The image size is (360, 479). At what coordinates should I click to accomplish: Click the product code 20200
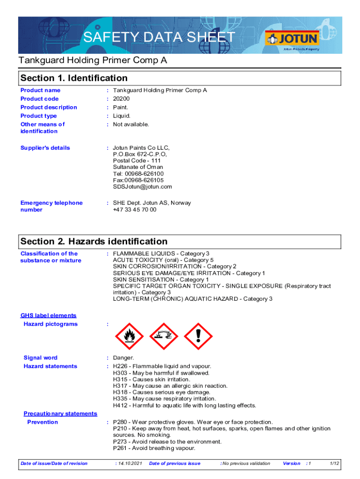coord(121,99)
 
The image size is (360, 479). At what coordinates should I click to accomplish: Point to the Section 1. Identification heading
coord(74,78)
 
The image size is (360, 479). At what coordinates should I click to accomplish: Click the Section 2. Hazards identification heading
coord(94,241)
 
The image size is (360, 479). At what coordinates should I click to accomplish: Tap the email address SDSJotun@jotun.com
coord(142,187)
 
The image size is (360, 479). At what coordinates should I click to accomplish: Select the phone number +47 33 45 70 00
coord(135,210)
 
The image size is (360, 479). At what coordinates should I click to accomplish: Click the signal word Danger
coord(123,358)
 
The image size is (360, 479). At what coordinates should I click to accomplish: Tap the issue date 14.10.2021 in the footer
coord(129,464)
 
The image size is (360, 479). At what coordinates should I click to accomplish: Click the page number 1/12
coord(334,464)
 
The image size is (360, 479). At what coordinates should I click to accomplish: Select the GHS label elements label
coord(48,316)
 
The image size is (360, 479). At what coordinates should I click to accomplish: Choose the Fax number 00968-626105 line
coord(138,180)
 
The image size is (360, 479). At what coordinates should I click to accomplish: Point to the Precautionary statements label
coord(60,414)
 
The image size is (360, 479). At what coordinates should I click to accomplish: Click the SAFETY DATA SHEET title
coord(159,37)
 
